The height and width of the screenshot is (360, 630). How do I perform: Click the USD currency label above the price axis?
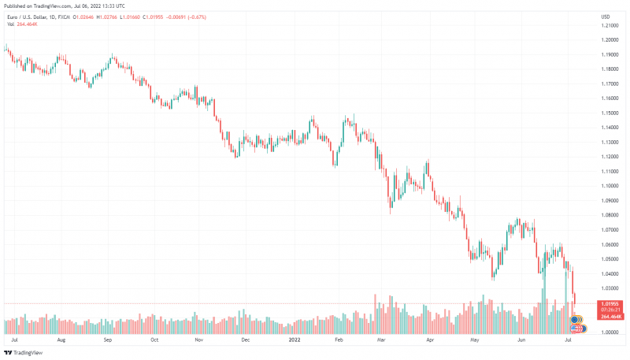point(606,17)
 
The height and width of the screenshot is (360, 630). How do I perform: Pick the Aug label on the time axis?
point(62,340)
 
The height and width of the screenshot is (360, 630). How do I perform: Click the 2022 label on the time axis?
point(295,340)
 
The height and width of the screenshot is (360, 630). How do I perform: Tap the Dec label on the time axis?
point(246,340)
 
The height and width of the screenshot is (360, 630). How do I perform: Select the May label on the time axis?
point(474,340)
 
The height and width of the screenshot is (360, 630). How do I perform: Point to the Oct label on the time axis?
point(154,340)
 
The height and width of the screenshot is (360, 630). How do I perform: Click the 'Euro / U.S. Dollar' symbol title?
point(25,17)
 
